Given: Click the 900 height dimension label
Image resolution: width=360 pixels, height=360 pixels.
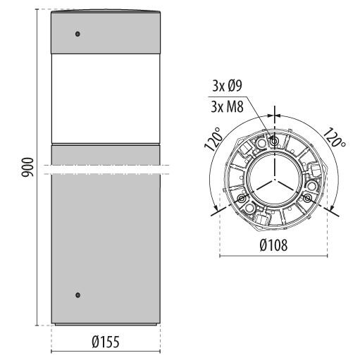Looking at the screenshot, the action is pos(27,167).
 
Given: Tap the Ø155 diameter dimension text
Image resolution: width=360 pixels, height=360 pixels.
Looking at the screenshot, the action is pos(106,342).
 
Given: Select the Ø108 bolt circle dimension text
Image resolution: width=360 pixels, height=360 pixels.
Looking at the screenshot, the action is pos(273,245).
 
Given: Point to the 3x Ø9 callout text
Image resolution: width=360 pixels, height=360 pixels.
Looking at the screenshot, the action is pos(227,86).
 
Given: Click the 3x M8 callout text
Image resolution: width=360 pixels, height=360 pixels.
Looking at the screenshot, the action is pos(227,107).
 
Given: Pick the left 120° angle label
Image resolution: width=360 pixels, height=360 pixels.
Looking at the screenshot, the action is pos(213,139).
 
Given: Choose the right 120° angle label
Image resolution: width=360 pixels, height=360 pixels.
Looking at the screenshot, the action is pos(334,137).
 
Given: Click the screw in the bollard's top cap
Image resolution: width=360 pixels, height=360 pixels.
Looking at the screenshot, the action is pos(77,34).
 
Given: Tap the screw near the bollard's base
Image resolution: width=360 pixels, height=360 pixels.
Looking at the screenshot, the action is pos(77,295).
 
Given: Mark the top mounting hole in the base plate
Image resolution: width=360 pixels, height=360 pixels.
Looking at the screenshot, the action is pos(274,141).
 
